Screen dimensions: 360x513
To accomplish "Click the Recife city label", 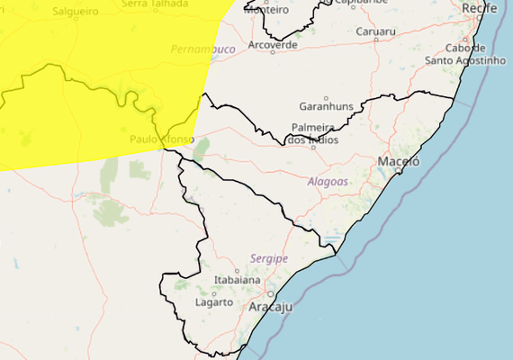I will pyautogui.click(x=479, y=8).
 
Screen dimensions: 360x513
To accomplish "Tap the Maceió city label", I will pyautogui.click(x=399, y=162).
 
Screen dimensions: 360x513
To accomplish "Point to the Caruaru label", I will pyautogui.click(x=375, y=31).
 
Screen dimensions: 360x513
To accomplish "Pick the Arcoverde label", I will pyautogui.click(x=273, y=44).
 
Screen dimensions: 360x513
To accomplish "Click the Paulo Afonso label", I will pyautogui.click(x=161, y=139).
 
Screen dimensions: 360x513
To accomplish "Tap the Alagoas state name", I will pyautogui.click(x=328, y=181).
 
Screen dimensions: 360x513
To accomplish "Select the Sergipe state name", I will pyautogui.click(x=270, y=258).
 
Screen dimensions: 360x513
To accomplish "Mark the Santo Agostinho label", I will pyautogui.click(x=466, y=60).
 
